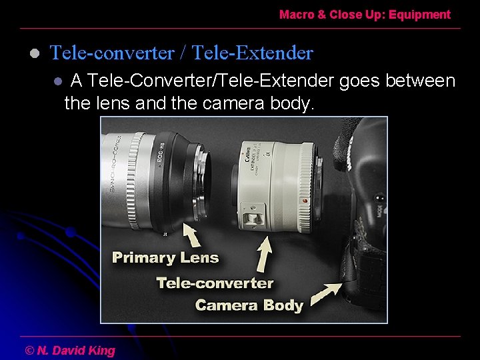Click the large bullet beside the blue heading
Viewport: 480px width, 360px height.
point(35,53)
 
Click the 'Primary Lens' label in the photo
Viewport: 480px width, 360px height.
point(165,257)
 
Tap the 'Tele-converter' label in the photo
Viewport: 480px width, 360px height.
point(215,283)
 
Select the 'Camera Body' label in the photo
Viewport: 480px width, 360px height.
point(249,305)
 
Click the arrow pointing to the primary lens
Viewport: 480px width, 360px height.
point(192,235)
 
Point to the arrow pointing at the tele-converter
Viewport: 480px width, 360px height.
point(265,253)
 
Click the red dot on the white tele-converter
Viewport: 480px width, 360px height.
point(304,200)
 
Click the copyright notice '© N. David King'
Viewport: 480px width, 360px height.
point(70,350)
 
